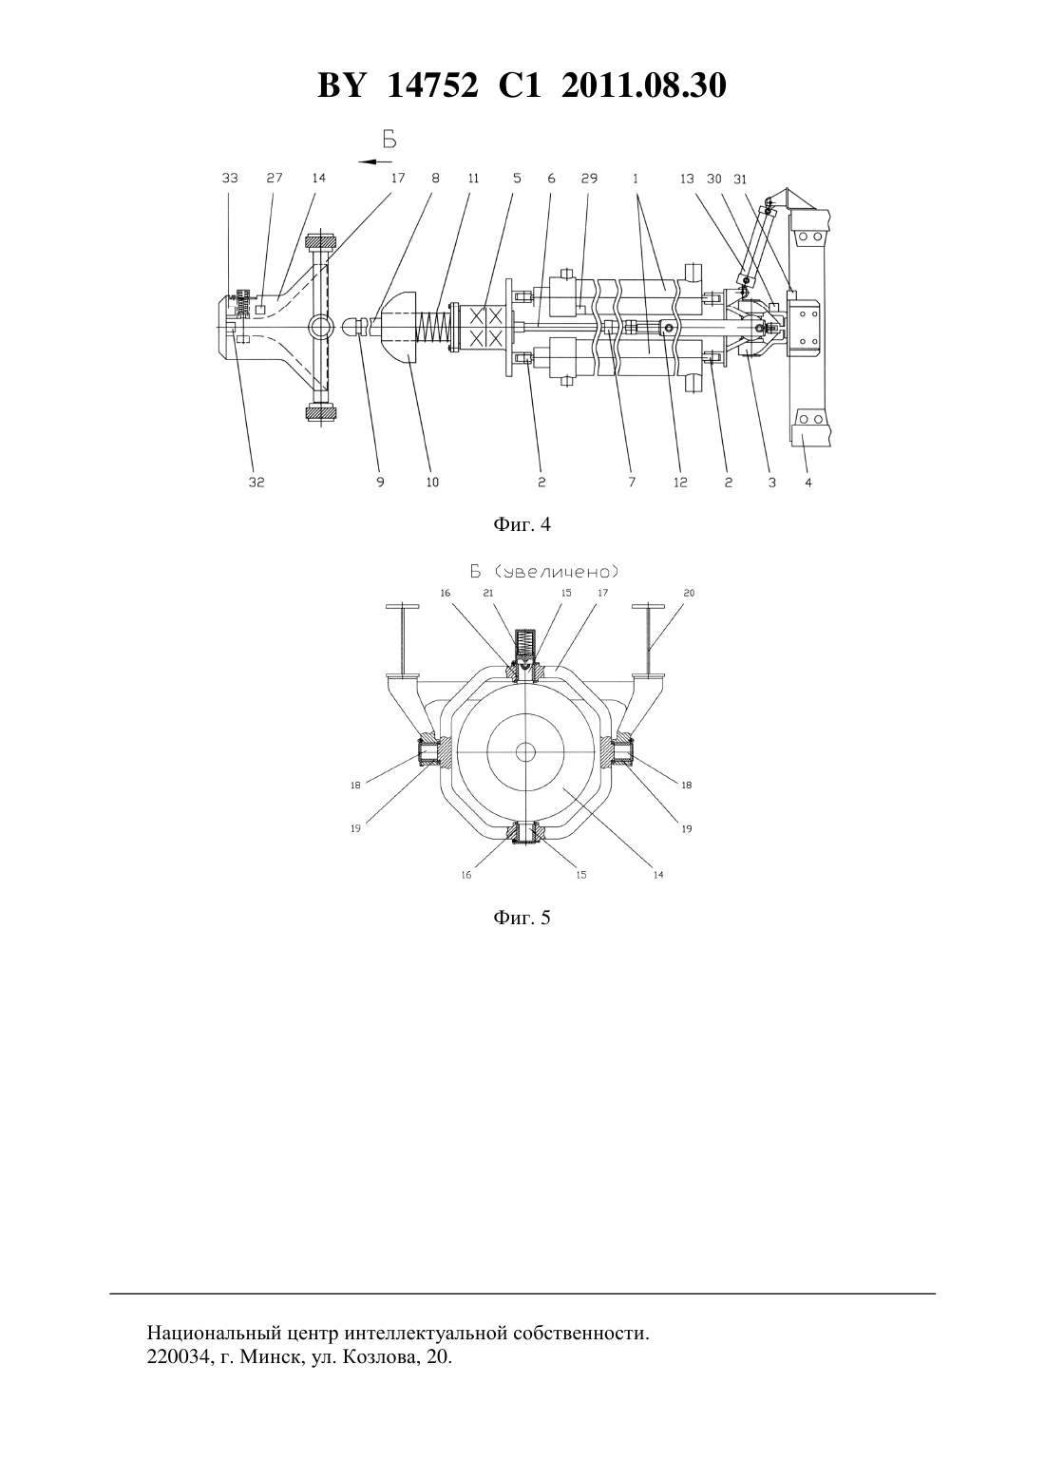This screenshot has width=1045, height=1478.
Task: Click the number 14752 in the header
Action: pos(433,85)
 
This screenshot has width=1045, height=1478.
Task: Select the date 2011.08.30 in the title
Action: pos(644,85)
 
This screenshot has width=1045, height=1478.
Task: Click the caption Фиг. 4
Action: pos(522,524)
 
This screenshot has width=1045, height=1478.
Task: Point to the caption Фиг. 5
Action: pos(522,918)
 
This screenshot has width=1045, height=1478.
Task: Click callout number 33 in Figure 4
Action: pos(230,179)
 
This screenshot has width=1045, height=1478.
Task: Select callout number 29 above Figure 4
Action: pos(589,179)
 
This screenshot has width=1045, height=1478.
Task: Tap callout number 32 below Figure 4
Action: pos(256,483)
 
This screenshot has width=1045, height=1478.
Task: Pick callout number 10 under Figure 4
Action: pos(432,483)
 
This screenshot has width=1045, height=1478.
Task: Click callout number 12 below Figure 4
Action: pos(680,483)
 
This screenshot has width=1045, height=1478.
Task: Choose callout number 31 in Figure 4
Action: pos(739,179)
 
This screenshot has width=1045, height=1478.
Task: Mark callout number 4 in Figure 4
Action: pos(808,483)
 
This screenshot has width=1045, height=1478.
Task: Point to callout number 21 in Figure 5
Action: pos(488,593)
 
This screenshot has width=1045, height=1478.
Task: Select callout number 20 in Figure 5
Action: pos(689,593)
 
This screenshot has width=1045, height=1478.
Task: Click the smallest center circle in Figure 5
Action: pos(525,751)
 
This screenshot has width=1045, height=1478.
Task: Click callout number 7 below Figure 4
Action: pos(632,483)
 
